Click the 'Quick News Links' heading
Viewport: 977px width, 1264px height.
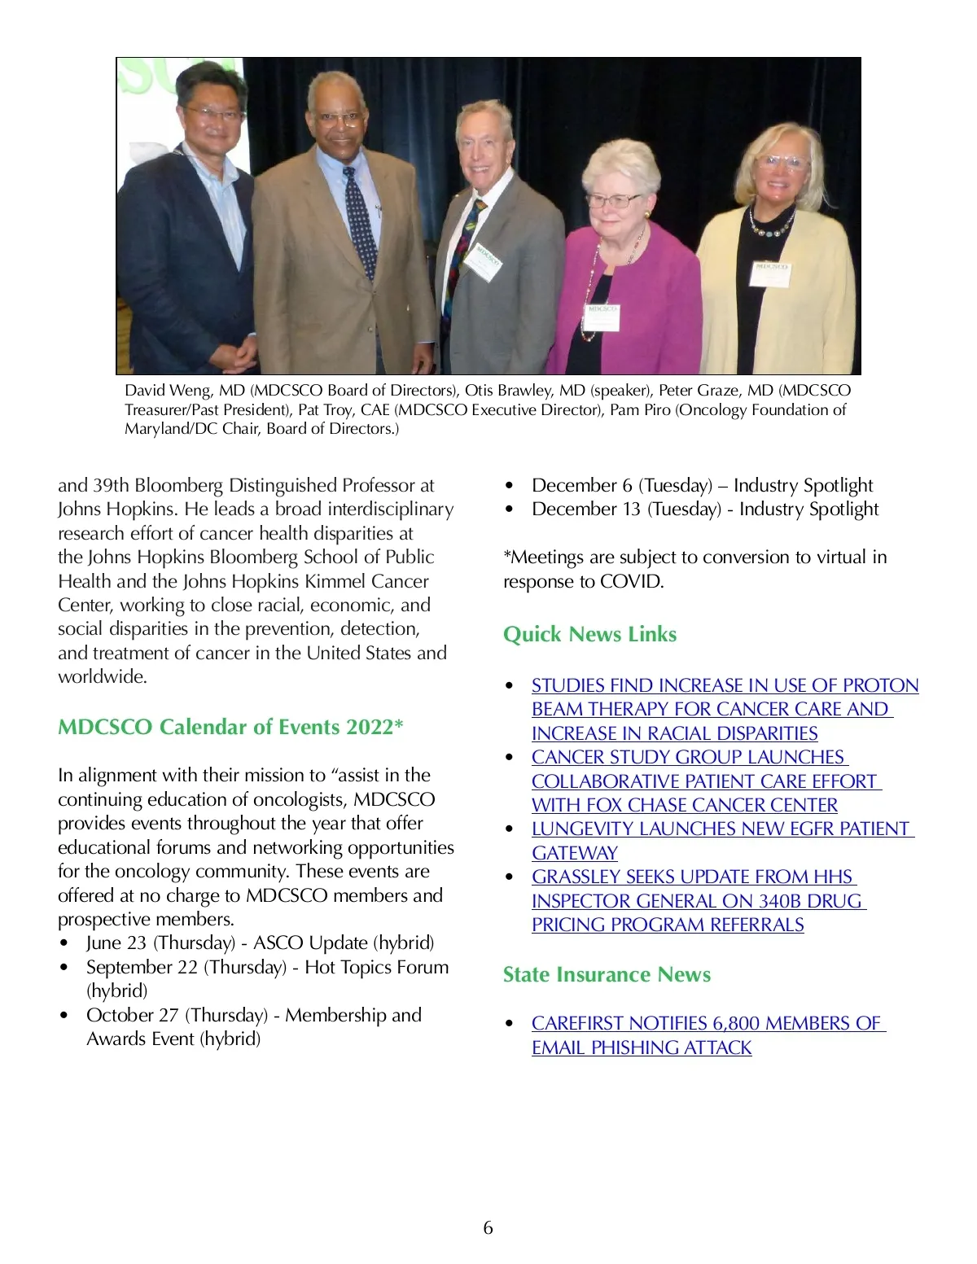click(589, 634)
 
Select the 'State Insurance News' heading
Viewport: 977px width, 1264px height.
click(607, 974)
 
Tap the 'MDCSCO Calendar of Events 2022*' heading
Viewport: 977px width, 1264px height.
click(230, 727)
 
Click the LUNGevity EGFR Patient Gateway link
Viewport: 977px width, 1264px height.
click(721, 841)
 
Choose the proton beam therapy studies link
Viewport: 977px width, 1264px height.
click(724, 709)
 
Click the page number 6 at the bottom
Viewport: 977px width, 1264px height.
click(488, 1227)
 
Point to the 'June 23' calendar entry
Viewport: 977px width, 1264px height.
click(260, 943)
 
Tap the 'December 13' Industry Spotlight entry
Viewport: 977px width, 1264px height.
click(705, 509)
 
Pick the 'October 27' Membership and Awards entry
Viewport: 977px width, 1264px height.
click(254, 1026)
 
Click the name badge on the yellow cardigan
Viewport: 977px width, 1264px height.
click(769, 273)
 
